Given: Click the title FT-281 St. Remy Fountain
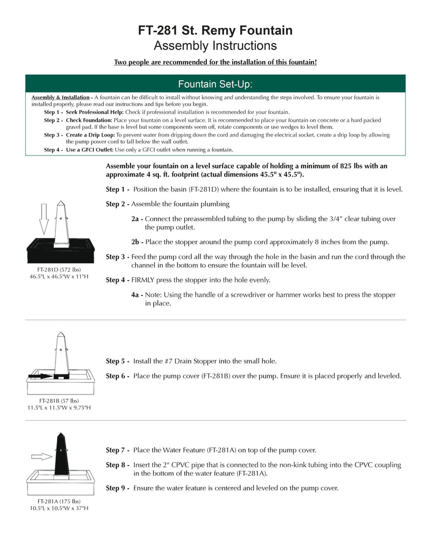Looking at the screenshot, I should tap(215, 31).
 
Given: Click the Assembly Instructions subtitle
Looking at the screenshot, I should tap(215, 46).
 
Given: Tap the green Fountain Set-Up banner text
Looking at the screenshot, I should tap(215, 84).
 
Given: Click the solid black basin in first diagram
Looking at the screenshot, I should tap(61, 251).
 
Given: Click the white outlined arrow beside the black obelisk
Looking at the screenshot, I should tap(41, 456).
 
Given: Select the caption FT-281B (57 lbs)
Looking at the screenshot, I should tap(59, 401).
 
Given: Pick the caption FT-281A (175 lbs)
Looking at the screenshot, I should tap(59, 501).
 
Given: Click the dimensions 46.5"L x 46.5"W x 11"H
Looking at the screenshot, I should tap(59, 276).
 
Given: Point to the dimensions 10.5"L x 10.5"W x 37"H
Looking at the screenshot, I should tap(59, 508).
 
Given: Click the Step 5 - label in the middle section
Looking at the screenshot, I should tap(117, 361).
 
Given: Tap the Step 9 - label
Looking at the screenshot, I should tap(117, 488).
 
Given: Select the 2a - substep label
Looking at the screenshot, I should tap(137, 219).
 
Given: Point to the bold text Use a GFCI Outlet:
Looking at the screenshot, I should tap(89, 150).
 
